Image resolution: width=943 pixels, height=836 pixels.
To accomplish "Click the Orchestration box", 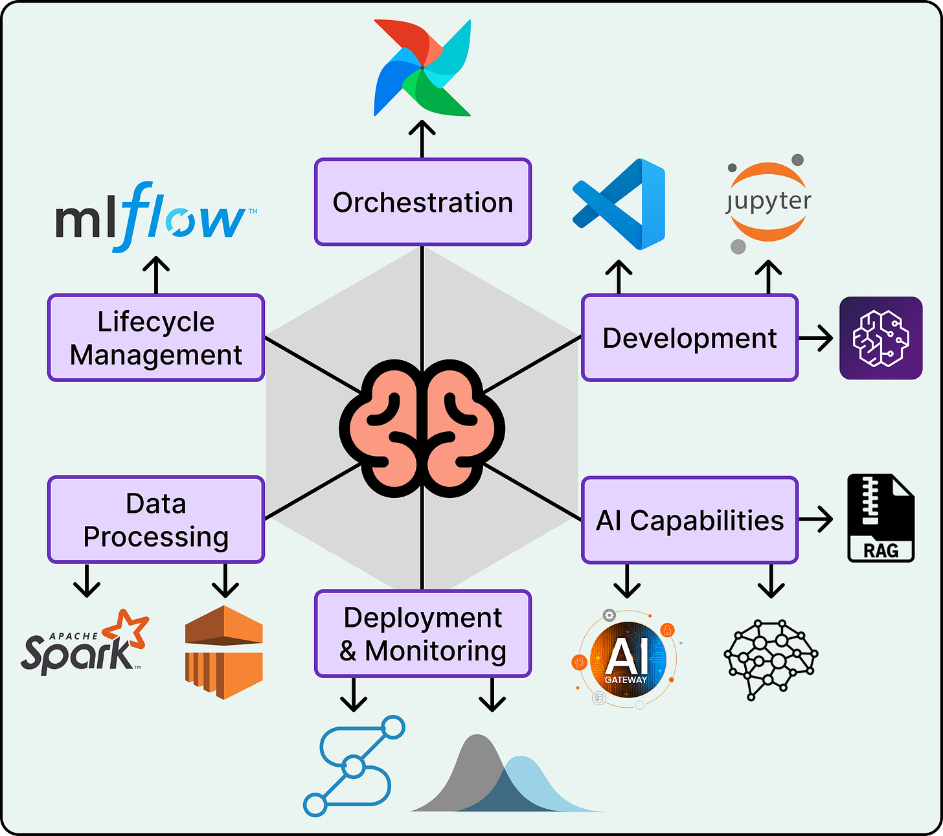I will (x=423, y=202).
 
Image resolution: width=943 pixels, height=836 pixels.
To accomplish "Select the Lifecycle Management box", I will (x=156, y=338).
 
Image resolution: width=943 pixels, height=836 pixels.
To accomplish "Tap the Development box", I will (x=690, y=338).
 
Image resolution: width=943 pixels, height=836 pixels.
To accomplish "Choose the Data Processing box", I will (x=156, y=520).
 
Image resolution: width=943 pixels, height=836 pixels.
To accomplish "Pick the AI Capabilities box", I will (x=690, y=520).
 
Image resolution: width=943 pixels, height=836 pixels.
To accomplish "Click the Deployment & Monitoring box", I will (x=423, y=634).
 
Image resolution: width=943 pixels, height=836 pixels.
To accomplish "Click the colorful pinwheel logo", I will (x=422, y=68).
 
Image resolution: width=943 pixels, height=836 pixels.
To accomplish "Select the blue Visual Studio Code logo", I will (x=619, y=204).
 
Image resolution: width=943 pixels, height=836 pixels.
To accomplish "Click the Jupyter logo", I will (x=768, y=202).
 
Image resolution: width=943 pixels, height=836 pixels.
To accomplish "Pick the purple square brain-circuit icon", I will (x=881, y=338).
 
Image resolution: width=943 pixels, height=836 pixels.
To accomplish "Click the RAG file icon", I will (x=881, y=518).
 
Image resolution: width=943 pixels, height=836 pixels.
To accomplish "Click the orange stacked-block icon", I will (x=224, y=652).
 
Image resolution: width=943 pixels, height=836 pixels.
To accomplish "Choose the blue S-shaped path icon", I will (x=353, y=766).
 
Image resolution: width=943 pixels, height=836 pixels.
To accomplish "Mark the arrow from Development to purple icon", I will (x=815, y=338).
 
